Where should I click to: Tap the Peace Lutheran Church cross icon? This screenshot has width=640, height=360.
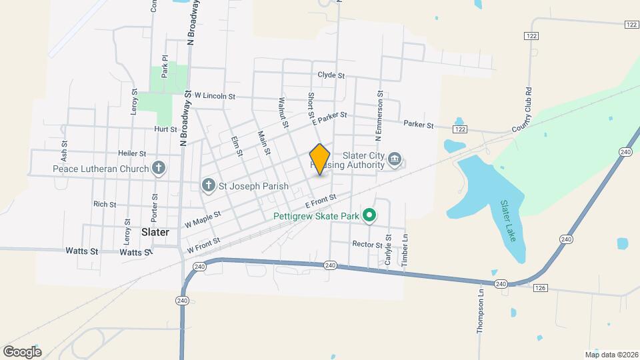pos(158,168)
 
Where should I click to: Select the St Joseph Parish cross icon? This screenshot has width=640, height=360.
pos(208,185)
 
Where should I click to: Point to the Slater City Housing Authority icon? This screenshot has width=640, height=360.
pos(395,159)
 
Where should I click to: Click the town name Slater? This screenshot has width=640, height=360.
pos(155,232)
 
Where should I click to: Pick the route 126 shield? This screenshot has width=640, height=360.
pos(540,288)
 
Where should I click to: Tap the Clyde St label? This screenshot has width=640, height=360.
pos(331,76)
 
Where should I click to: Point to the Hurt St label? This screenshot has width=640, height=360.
pos(165,129)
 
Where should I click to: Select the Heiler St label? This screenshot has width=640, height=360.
pos(131,153)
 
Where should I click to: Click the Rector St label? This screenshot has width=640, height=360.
pos(366,244)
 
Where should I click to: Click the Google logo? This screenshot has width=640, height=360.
pos(22,351)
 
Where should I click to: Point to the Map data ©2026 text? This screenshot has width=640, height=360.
pos(611,355)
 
